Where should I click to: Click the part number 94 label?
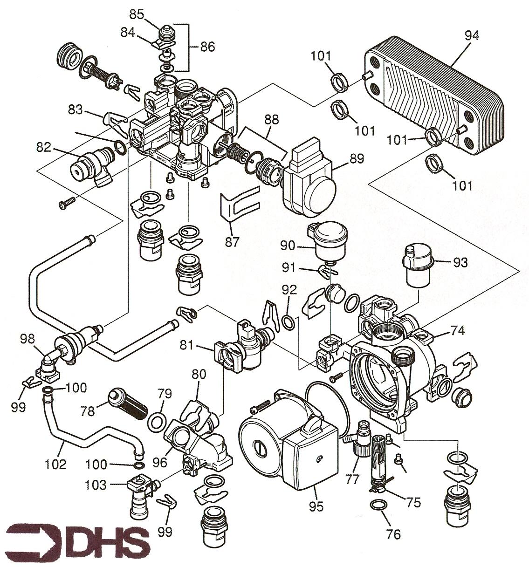click(472, 36)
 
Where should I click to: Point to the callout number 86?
click(207, 47)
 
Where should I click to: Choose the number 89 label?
click(356, 158)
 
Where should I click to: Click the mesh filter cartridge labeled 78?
click(128, 403)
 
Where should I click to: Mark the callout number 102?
click(56, 464)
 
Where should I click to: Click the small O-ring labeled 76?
click(378, 505)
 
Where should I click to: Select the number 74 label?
click(458, 330)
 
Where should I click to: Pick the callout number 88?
click(271, 120)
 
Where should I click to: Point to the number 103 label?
click(96, 485)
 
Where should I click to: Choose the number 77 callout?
click(352, 479)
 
